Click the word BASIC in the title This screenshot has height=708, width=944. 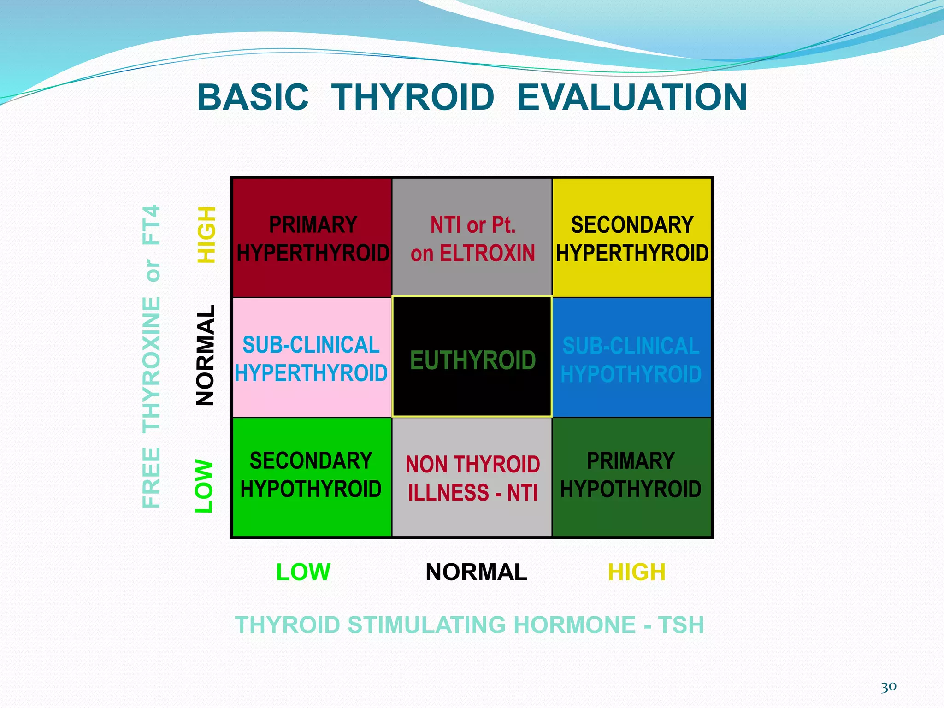point(253,98)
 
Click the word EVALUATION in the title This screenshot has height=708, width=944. point(631,98)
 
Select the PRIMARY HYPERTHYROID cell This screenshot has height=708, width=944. point(312,238)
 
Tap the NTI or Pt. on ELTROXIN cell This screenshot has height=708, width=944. point(472,238)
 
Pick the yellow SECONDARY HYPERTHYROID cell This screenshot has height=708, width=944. point(631,238)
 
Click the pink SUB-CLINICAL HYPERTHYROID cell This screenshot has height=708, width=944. point(312,358)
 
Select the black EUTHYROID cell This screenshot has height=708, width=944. point(472,358)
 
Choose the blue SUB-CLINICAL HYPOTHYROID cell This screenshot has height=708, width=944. point(631,358)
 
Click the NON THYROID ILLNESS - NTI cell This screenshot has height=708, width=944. point(472,477)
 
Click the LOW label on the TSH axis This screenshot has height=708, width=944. point(303,572)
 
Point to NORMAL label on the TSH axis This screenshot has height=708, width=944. point(476,572)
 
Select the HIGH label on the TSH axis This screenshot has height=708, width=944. point(637,572)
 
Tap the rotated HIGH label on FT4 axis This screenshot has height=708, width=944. point(206,235)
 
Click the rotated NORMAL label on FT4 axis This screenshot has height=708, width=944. point(205,355)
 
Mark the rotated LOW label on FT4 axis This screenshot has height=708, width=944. point(204,486)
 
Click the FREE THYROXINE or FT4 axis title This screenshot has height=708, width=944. point(151,356)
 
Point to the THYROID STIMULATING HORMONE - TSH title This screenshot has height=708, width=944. point(469,625)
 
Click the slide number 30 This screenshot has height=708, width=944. point(888,687)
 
